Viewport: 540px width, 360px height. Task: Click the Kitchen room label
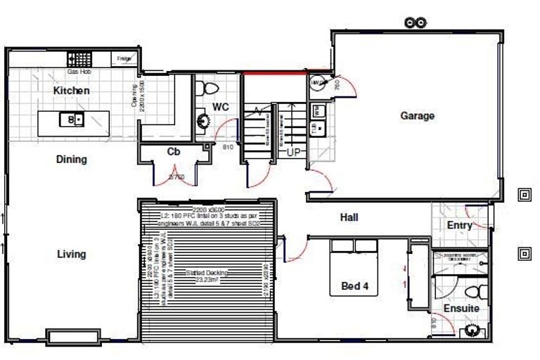[x=71, y=91]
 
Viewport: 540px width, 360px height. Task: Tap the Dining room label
[x=71, y=159]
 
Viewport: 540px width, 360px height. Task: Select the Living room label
[x=71, y=254]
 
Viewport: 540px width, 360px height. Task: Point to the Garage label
[x=417, y=115]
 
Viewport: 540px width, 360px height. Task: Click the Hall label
[x=349, y=217]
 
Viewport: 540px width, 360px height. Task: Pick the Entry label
[x=460, y=225]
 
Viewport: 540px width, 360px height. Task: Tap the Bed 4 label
[x=354, y=286]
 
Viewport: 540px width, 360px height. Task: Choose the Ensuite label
[x=461, y=308]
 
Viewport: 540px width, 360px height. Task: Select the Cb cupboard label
[x=174, y=151]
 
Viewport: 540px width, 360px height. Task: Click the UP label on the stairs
[x=294, y=152]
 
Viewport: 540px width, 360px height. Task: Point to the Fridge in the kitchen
[x=124, y=59]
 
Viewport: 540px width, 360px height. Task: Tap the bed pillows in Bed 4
[x=354, y=246]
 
